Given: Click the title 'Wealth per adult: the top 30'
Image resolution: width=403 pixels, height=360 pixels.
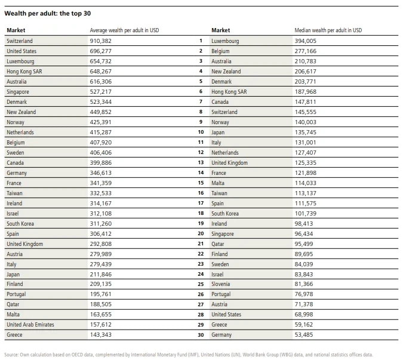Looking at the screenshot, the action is point(48,13).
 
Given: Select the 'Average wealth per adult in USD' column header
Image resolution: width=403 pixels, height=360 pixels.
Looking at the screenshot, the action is point(124,30).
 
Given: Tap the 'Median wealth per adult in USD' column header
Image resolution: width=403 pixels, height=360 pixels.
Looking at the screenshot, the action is point(328,30).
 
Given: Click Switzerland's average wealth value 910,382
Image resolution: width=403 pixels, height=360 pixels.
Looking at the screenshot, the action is point(101,41).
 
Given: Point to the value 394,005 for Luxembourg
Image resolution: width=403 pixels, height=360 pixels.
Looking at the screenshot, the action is point(305,41).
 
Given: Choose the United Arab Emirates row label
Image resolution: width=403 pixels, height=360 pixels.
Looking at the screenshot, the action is point(30,325).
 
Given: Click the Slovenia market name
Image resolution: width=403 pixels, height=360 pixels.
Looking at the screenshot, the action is point(220,284).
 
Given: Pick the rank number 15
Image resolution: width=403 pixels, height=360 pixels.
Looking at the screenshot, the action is point(201,183).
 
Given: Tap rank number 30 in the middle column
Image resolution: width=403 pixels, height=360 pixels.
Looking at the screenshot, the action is point(201,335).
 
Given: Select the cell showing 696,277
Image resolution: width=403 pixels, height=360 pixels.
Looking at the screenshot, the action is point(101,51).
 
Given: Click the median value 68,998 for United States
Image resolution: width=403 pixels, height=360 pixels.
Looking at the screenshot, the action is point(304,314).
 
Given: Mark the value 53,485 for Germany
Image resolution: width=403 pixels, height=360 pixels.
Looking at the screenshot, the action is point(304,335).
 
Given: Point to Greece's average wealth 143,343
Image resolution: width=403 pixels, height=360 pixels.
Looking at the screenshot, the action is point(101,335).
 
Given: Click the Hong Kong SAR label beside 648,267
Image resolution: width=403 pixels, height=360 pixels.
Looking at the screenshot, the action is point(24,72).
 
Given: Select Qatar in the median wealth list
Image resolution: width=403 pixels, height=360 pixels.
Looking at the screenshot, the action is point(218,244).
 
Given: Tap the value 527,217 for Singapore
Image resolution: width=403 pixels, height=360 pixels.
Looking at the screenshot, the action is point(101,92).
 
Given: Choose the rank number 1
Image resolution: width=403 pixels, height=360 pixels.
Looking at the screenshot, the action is point(201,41).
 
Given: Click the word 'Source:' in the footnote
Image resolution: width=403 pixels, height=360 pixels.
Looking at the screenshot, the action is point(11,355).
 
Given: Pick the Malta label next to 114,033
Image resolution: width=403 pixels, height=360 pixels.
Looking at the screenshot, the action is point(218,183).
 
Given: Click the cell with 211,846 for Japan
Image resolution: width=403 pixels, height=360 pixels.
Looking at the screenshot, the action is point(101,275).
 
